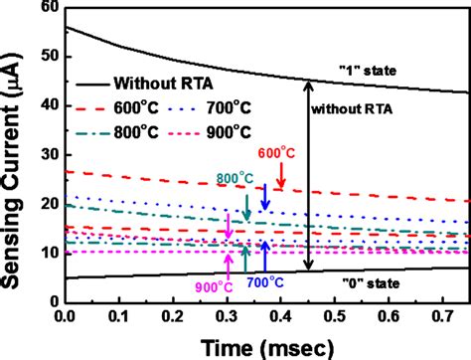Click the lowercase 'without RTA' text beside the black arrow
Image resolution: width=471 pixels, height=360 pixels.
pos(349,110)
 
